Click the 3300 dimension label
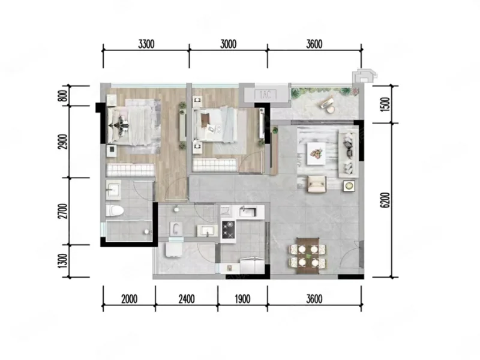pos(146,44)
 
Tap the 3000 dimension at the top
pos(229,44)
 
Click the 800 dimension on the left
pos(64,96)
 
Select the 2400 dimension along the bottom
pos(187,299)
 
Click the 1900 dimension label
pos(242,299)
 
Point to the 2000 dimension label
pos(129,299)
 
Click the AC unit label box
pos(265,95)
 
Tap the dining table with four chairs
pos(308,256)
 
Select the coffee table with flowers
pos(316,154)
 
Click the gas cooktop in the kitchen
pos(229,230)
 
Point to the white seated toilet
pos(115,211)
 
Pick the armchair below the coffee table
pos(317,184)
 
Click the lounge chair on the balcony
pos(327,103)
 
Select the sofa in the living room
pos(348,154)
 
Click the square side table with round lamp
pos(349,185)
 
